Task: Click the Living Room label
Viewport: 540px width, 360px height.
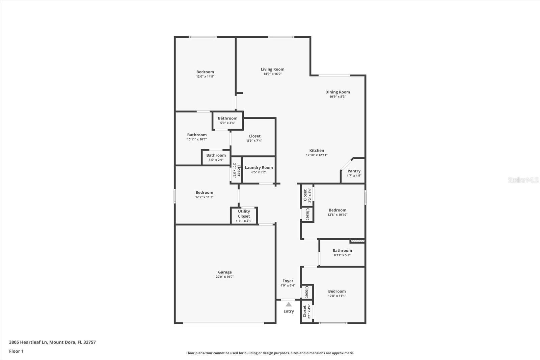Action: [272, 69]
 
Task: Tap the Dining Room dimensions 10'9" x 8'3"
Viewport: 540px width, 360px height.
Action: [337, 96]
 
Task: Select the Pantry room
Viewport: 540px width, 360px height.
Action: [354, 172]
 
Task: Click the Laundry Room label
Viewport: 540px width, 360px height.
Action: [259, 168]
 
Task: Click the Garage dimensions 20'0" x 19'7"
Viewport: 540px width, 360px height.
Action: [225, 277]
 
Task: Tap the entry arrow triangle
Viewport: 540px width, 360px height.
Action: [289, 304]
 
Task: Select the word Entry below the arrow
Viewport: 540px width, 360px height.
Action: [289, 311]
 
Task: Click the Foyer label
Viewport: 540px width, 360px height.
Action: [288, 281]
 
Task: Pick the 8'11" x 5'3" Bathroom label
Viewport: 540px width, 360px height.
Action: [342, 251]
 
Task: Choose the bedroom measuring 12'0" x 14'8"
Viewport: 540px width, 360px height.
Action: [205, 74]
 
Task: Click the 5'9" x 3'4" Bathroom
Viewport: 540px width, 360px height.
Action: [227, 120]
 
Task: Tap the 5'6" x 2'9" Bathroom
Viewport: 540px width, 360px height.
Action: [216, 157]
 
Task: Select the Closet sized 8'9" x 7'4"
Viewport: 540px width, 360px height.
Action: [254, 138]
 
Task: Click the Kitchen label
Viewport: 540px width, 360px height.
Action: [317, 150]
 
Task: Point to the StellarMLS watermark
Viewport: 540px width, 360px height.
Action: [523, 180]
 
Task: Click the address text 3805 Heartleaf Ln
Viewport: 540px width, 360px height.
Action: [28, 342]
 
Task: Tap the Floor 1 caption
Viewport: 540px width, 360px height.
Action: [16, 351]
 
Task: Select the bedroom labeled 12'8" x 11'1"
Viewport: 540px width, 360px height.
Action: [337, 293]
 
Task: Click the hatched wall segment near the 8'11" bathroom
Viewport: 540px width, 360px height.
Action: [357, 241]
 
